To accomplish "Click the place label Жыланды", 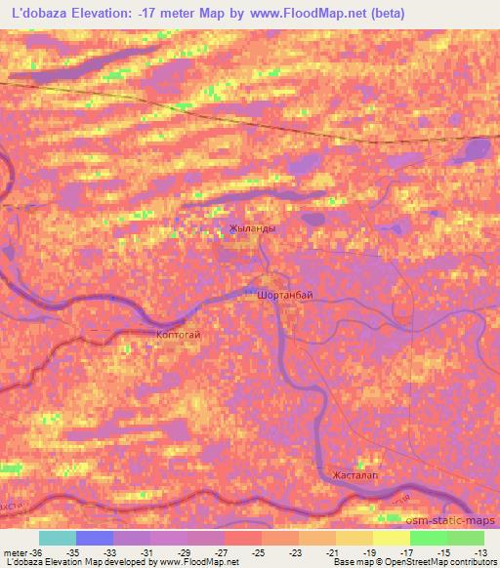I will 251,229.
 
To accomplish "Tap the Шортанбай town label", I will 284,293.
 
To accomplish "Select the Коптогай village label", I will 178,335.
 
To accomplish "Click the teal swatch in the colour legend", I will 57,538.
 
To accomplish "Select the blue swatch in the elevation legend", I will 95,538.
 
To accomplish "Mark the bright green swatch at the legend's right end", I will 465,538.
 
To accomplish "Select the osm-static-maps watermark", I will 458,521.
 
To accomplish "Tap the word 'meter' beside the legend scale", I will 16,551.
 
